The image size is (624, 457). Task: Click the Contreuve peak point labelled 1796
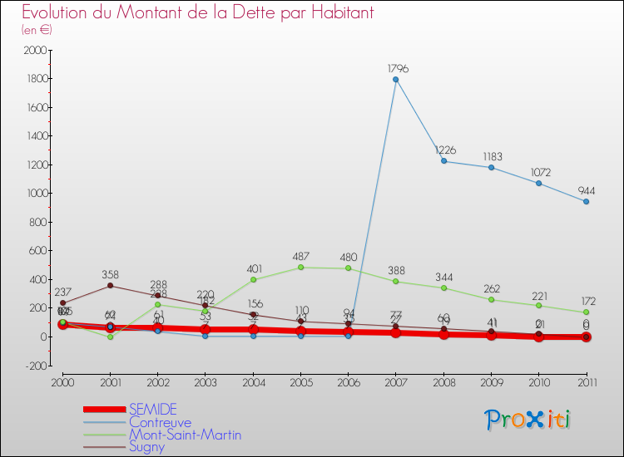[x=396, y=79]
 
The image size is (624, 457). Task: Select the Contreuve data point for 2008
[x=443, y=160]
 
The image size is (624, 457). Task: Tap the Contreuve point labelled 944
[x=587, y=201]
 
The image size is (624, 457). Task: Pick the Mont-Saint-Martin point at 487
[x=300, y=267]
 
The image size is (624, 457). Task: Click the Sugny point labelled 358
[x=110, y=286]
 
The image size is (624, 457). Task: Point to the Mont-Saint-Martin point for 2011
[x=587, y=312]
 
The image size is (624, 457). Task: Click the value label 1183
[x=492, y=156]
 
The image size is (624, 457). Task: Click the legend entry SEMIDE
[x=152, y=410]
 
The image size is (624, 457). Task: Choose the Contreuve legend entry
[x=160, y=422]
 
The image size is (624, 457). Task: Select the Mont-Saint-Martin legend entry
[x=185, y=435]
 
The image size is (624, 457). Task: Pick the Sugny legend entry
[x=147, y=447]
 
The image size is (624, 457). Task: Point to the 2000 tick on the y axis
[x=34, y=50]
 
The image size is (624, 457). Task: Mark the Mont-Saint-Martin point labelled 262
[x=492, y=299]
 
